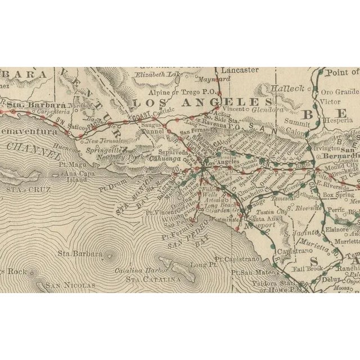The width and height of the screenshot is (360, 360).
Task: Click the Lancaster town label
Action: click(239, 70)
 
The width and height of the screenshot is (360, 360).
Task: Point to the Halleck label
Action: click(287, 89)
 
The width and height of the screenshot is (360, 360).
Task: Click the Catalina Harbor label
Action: click(136, 271)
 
